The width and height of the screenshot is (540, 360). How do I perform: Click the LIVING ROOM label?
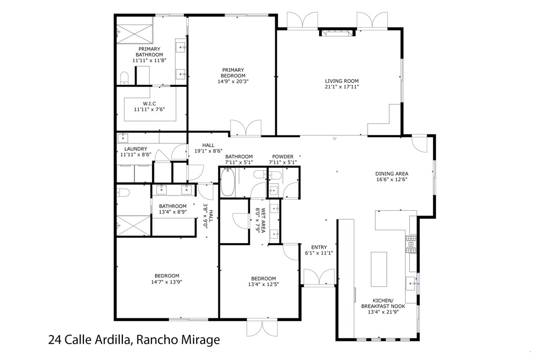(x=341, y=81)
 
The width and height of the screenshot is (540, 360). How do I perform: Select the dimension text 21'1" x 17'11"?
(x=342, y=87)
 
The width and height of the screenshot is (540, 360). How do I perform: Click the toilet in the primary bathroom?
(x=124, y=79)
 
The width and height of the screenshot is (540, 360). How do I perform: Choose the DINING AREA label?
(x=392, y=173)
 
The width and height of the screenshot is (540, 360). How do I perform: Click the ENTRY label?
(x=319, y=247)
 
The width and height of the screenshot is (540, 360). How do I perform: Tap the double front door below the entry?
(x=319, y=277)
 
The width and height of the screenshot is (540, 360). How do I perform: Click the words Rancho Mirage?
(x=178, y=340)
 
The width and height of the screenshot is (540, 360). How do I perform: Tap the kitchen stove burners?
(x=410, y=243)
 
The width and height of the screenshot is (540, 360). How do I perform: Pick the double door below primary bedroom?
(x=245, y=128)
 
